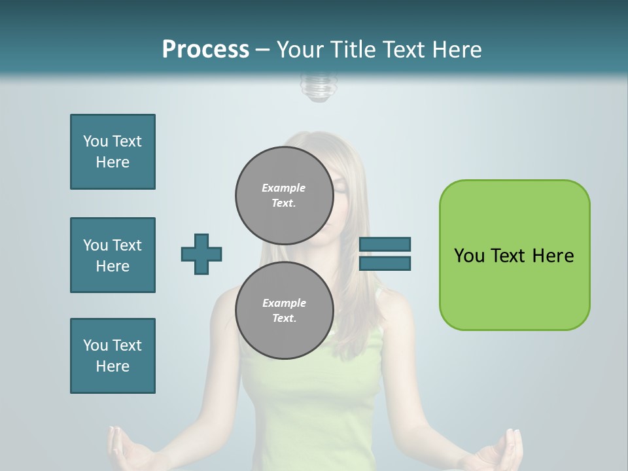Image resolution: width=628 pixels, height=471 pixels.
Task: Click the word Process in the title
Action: point(205,50)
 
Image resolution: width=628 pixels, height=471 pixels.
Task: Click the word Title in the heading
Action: point(351,50)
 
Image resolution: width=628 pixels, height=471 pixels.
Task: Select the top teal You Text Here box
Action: point(113,152)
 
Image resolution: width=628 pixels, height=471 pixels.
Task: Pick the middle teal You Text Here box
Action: point(113,255)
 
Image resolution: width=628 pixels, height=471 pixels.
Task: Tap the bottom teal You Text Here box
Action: point(113,356)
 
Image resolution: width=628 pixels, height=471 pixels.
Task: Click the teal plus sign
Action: point(201,254)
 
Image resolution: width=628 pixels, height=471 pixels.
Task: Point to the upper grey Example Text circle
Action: point(284,195)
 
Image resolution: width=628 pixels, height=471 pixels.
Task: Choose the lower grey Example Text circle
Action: point(284,310)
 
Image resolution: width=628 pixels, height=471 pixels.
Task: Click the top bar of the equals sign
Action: point(385,244)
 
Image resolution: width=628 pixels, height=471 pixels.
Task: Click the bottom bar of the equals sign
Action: point(385,264)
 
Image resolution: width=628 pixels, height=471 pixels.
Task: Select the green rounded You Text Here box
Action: point(514,255)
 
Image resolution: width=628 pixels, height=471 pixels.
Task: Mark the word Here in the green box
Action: point(553,256)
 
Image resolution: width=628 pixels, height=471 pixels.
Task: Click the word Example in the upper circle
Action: point(284,188)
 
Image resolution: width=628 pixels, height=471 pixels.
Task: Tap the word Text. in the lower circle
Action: point(284,318)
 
